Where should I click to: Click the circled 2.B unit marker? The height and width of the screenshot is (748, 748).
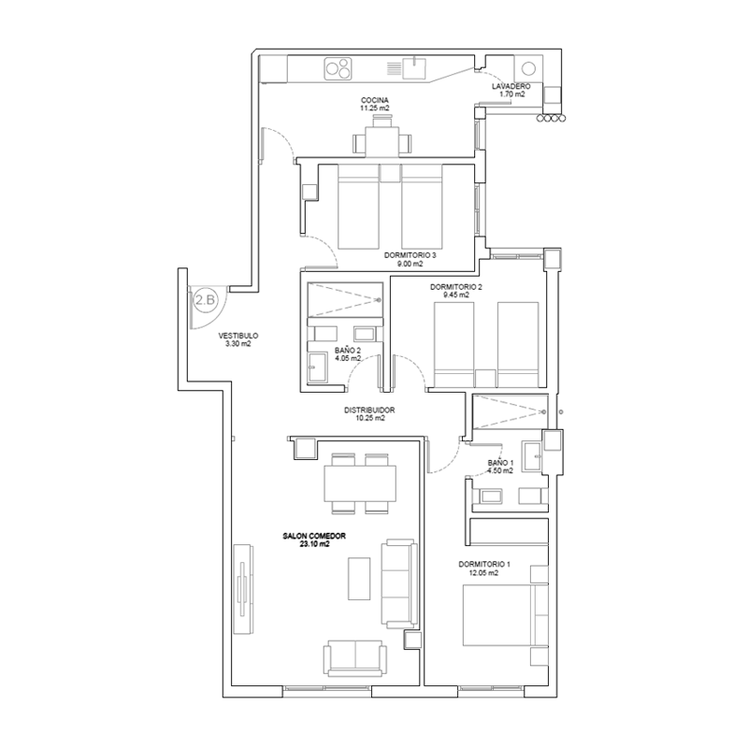click(x=206, y=300)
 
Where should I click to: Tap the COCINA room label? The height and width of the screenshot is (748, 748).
click(x=375, y=100)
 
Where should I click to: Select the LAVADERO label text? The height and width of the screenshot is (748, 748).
click(x=511, y=86)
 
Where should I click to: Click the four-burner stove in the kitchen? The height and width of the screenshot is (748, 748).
click(x=338, y=68)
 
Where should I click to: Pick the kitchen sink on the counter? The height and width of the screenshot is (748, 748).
click(x=414, y=67)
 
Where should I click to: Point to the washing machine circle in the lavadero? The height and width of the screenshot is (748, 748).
click(x=528, y=68)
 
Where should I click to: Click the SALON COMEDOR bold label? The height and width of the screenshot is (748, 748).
click(x=314, y=536)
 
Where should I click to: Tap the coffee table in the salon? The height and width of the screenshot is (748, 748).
click(x=359, y=579)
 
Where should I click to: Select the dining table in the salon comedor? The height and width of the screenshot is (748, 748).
click(x=360, y=483)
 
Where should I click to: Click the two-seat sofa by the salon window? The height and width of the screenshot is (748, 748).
click(x=355, y=658)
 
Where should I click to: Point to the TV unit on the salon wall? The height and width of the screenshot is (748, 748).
click(x=243, y=589)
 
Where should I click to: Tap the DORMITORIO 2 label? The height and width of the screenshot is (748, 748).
click(x=456, y=287)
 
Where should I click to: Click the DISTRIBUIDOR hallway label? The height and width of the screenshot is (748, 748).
click(x=369, y=410)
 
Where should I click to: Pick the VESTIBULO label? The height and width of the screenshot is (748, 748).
click(x=238, y=336)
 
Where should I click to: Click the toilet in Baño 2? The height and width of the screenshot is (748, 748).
click(x=317, y=367)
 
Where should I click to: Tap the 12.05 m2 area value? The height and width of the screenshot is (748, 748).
click(x=483, y=573)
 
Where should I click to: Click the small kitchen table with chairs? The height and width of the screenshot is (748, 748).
click(x=382, y=140)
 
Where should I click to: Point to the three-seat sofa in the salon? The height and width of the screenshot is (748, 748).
click(x=399, y=583)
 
